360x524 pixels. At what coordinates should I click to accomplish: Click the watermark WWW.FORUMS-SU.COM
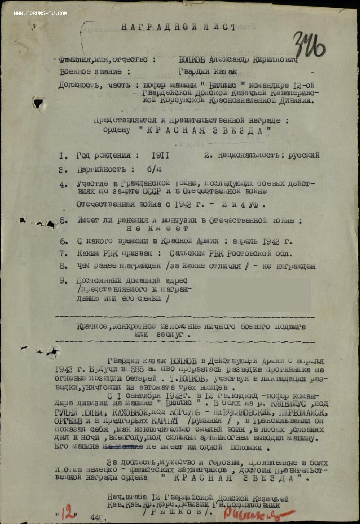41,13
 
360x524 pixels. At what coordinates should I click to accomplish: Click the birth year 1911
160,155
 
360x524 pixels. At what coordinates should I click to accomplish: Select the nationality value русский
304,155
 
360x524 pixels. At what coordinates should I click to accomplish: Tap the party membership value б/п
154,169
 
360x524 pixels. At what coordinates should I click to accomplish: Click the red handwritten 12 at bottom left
69,512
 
